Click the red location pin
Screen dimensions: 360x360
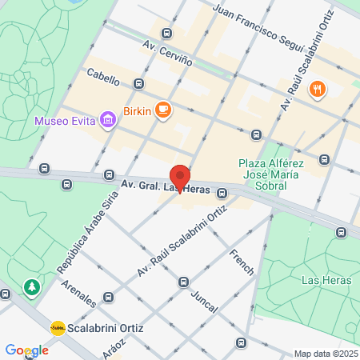pos(180,177)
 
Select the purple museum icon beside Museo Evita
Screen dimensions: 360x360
pos(107,122)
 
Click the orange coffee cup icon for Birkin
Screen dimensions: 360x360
pos(163,109)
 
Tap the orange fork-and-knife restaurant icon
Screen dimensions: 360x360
pos(318,89)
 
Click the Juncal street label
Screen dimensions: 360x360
pos(209,300)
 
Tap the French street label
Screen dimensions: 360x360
pos(241,262)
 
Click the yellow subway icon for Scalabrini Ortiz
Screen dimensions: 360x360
pos(58,328)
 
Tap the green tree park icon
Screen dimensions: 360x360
pos(32,286)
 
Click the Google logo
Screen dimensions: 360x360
pos(26,350)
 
